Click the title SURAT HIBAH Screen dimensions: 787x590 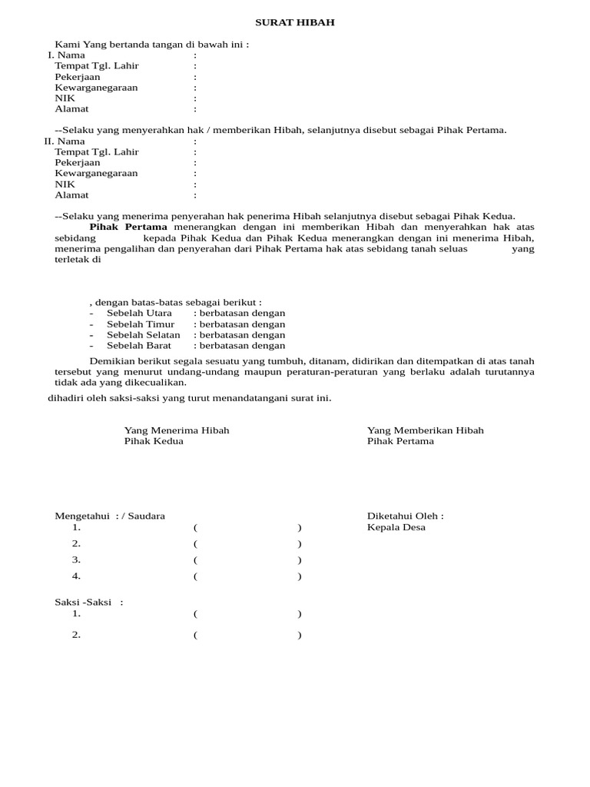tap(295, 23)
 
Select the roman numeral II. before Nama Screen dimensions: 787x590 tap(49, 141)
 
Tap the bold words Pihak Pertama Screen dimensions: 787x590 tap(128, 227)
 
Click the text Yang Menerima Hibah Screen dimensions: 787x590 tap(177, 430)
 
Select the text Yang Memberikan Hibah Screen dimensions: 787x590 tap(426, 430)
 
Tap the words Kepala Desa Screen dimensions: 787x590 tap(396, 527)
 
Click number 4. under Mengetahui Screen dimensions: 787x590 tap(77, 576)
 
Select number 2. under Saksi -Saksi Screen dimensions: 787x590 tap(77, 635)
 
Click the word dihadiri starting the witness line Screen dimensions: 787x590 tap(66, 398)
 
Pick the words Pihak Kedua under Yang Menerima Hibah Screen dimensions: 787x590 tap(154, 441)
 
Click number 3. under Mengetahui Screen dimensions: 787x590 tap(77, 560)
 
